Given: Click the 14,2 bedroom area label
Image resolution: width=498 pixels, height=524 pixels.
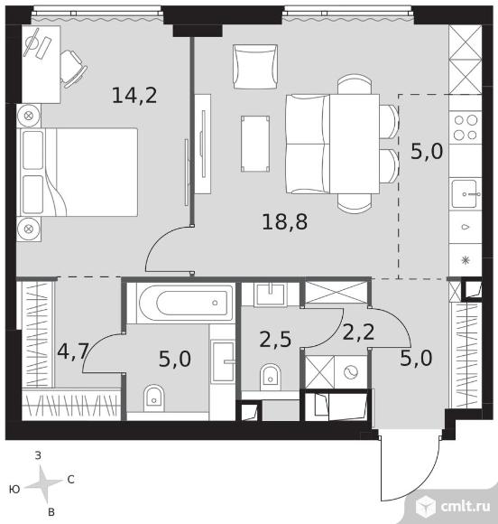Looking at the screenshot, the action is (134, 95).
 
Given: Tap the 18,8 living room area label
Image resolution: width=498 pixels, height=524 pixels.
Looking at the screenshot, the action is (285, 221).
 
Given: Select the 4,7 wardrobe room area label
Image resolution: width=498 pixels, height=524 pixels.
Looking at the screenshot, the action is (72, 351).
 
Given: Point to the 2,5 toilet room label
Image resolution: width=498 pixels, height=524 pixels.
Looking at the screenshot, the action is (275, 339).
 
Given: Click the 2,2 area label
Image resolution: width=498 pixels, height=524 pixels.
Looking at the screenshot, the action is (358, 332).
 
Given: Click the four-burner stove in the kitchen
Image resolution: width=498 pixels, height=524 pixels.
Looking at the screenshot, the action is (466, 127).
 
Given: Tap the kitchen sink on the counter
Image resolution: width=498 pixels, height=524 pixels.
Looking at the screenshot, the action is (465, 194).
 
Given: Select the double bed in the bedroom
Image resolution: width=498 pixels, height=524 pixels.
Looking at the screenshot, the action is (79, 172).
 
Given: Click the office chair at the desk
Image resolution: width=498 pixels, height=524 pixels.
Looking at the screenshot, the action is (72, 70).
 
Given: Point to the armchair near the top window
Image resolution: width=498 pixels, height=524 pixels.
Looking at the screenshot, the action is (255, 67).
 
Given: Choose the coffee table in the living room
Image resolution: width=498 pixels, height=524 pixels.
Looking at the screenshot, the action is (255, 144).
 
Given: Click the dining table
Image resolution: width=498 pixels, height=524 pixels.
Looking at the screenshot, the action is (355, 144).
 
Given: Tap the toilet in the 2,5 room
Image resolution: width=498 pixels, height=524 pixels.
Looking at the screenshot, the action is (271, 377).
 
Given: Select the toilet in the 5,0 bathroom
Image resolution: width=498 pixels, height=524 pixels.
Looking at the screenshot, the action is (154, 398).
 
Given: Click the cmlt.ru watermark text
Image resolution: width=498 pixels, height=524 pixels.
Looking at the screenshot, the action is (466, 506).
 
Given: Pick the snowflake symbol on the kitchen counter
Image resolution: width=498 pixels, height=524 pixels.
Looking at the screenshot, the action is (466, 260).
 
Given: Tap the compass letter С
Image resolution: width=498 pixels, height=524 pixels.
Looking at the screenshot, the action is (70, 480).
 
